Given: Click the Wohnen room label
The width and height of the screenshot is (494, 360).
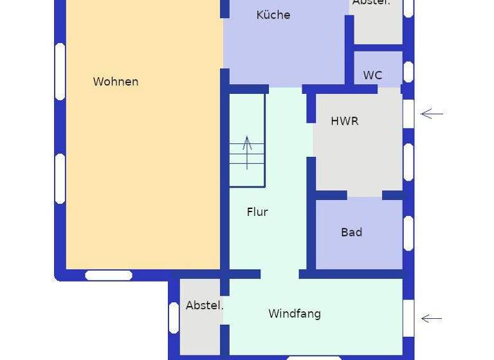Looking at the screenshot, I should [116, 82].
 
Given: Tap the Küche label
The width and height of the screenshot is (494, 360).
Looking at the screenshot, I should [273, 15].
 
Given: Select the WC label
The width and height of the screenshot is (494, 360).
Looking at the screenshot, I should [372, 75].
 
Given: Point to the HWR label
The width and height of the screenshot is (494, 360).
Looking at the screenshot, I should [344, 121].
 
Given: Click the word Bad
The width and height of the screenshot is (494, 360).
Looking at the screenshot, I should [351, 232].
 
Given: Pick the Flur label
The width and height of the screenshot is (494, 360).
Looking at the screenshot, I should [257, 212].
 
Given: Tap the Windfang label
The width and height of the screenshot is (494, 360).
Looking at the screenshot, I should [294, 314].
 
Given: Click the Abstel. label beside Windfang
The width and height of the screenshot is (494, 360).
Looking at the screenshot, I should [204, 305].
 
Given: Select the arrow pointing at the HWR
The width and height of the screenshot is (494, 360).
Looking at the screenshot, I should [432, 114].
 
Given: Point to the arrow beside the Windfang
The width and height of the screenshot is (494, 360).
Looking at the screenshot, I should [432, 318].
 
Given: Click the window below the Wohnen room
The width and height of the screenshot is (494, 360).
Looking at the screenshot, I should [109, 275].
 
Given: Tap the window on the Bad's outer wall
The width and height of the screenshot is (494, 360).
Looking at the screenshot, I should [408, 233].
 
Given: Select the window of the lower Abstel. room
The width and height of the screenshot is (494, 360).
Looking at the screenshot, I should [174, 318].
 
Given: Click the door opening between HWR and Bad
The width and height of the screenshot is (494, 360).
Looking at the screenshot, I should [365, 194].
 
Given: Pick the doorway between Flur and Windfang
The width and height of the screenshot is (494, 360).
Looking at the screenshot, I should [280, 274].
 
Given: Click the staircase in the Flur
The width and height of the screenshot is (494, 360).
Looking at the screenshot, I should [247, 140].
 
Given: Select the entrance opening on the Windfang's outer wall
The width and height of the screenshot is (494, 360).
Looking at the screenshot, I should [408, 318].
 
